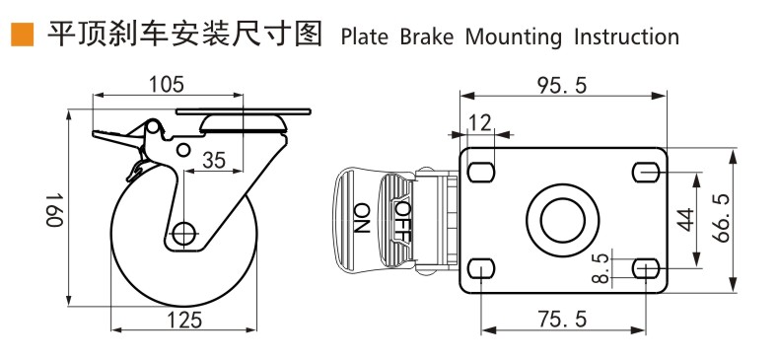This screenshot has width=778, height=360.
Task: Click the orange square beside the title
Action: [x=23, y=35]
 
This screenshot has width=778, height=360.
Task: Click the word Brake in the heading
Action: [x=427, y=37]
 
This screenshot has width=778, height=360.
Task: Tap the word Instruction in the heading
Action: [x=627, y=37]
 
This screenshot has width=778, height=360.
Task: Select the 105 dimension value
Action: [x=167, y=85]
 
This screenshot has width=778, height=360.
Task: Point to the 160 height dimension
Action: [x=55, y=209]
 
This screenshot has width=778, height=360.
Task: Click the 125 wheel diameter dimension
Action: [x=184, y=320]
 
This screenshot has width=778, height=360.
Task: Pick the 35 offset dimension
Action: [x=214, y=160]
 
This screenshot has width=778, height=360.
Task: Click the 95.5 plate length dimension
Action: [x=562, y=86]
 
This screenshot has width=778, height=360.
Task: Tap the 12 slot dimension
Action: [x=480, y=122]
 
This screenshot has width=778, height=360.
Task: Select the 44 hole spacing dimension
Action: [x=686, y=220]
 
